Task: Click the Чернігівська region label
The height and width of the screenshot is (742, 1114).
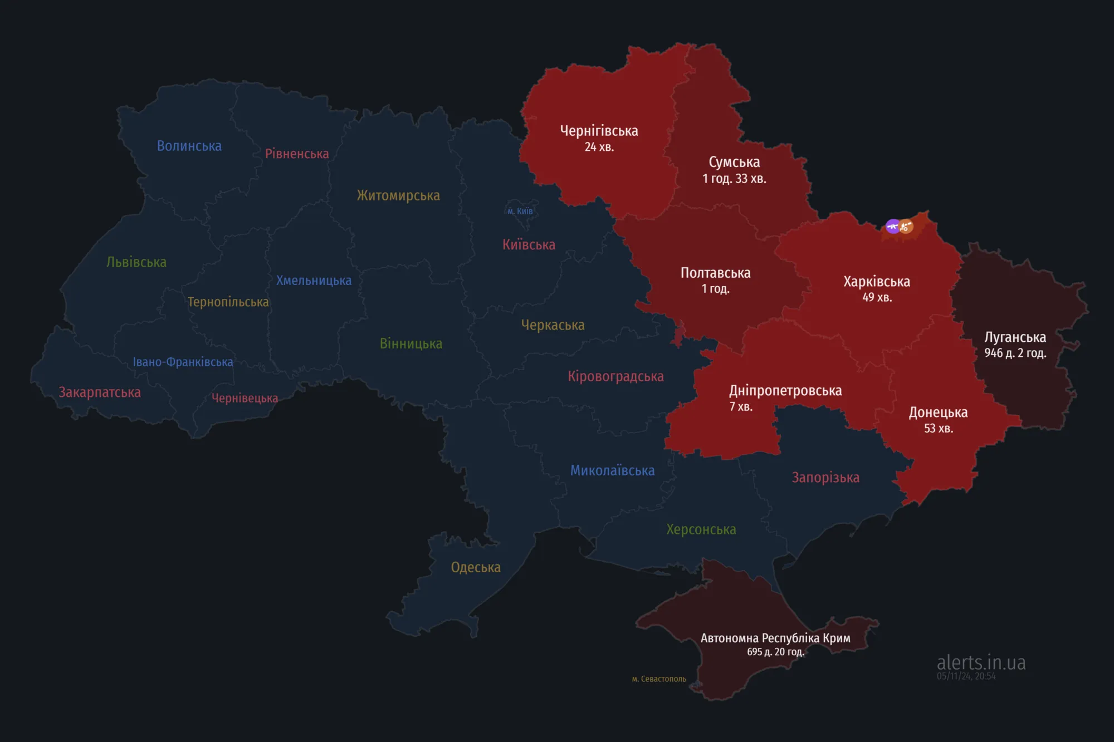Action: [x=599, y=131]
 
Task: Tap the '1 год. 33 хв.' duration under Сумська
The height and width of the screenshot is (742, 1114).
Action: [x=734, y=179]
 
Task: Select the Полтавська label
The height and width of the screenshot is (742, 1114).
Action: [x=715, y=273]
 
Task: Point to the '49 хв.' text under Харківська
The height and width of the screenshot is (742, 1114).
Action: [x=877, y=297]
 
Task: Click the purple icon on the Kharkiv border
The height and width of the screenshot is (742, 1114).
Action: [x=892, y=226]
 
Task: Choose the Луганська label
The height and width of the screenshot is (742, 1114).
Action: [x=1015, y=337]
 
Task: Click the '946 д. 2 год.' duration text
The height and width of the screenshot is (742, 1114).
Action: [x=1015, y=353]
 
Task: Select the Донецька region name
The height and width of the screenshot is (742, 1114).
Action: [x=938, y=412]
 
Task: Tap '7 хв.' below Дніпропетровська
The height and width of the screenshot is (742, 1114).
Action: [x=741, y=407]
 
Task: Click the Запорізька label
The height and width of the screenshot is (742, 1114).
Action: [x=825, y=478]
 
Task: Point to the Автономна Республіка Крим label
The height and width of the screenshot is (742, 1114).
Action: [x=775, y=638]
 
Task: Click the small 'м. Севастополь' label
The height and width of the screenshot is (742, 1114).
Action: [x=659, y=679]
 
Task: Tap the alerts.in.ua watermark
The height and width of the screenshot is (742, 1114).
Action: [x=981, y=662]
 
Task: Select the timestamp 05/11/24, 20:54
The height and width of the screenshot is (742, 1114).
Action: [x=966, y=676]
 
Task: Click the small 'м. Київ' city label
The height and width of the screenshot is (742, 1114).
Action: [x=520, y=212]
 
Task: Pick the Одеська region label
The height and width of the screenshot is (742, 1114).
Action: [x=476, y=567]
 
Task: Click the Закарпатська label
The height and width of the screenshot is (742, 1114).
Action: [x=100, y=392]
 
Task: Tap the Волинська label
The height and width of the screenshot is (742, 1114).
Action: [x=189, y=146]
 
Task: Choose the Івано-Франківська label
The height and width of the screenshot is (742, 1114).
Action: [x=183, y=362]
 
